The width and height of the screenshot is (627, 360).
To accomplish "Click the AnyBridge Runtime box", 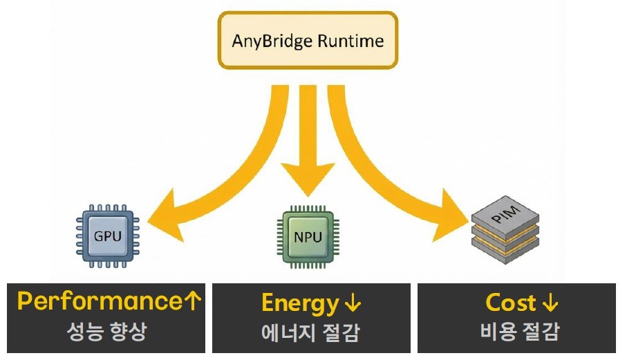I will (308, 40).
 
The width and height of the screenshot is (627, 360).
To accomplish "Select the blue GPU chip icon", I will (107, 235).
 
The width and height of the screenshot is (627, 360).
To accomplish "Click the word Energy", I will (299, 303).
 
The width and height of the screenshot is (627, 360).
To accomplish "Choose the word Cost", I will (510, 303).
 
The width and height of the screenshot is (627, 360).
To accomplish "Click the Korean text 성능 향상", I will (106, 332).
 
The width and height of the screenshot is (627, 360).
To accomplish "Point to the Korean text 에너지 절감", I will (310, 333).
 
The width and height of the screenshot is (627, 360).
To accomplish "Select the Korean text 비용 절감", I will (519, 332).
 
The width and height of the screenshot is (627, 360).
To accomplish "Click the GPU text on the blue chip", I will (107, 236).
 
